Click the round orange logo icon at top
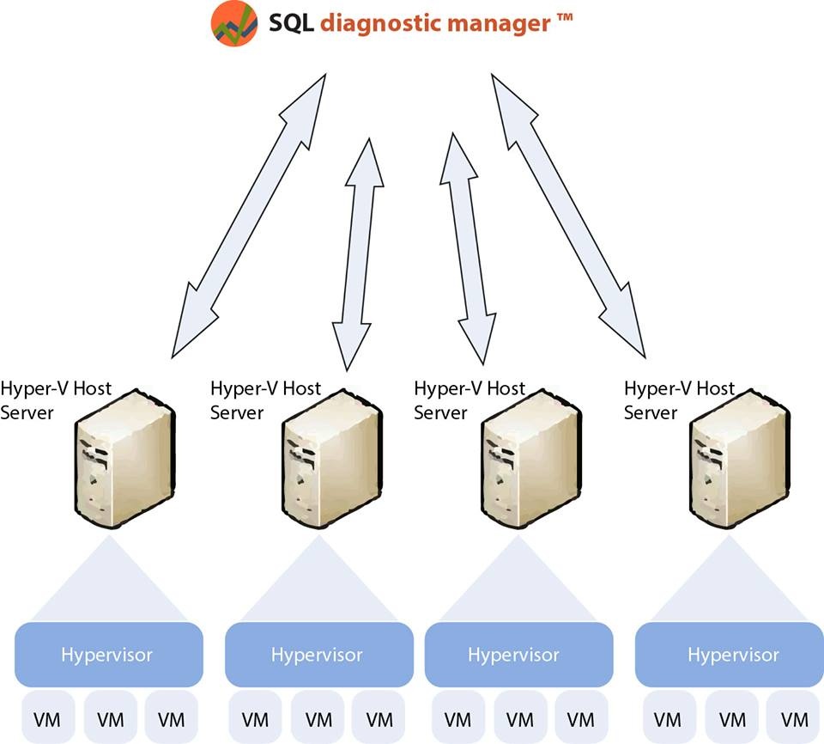click(x=234, y=23)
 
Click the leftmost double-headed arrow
click(x=249, y=215)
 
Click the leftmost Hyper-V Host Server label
click(x=56, y=400)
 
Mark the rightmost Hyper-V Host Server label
click(x=679, y=400)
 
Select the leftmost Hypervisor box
click(x=107, y=655)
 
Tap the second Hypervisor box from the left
click(x=317, y=655)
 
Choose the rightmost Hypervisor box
click(x=732, y=655)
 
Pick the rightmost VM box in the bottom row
click(x=796, y=718)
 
